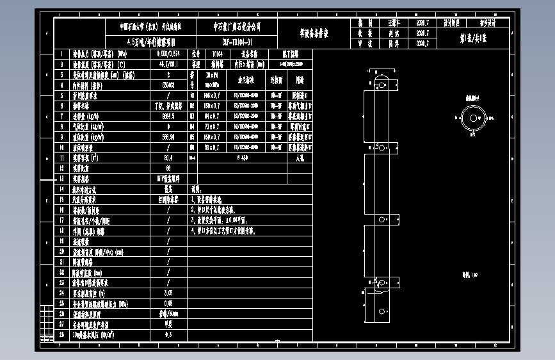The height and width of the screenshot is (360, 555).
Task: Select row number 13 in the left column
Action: click(x=61, y=179)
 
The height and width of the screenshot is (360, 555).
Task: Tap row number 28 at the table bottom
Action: click(x=61, y=334)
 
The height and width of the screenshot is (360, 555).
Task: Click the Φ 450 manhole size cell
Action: click(x=243, y=158)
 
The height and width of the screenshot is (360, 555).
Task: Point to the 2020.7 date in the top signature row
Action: click(x=422, y=22)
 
